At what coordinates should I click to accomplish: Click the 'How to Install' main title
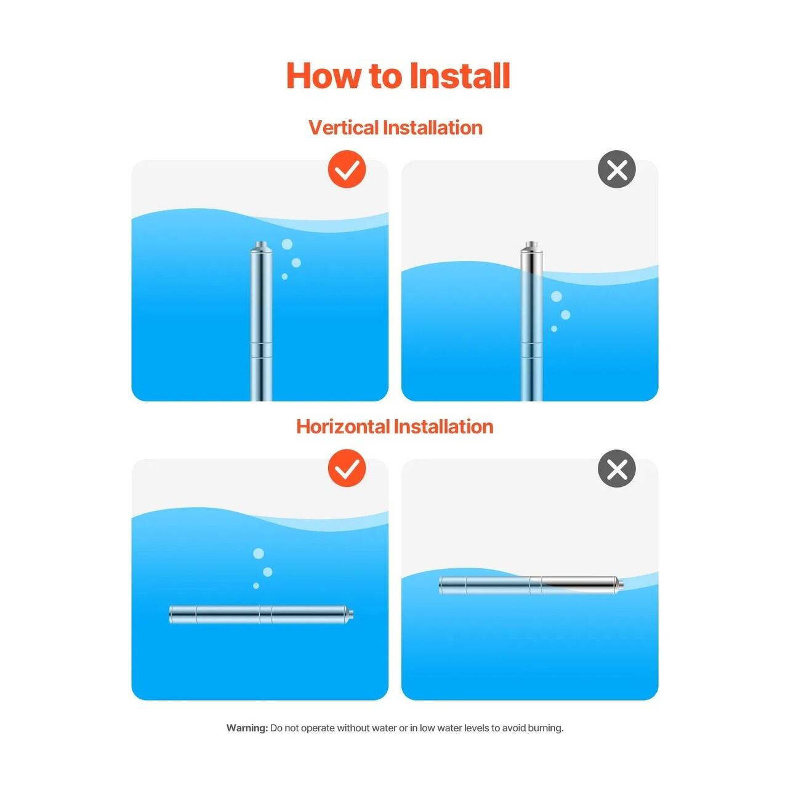[398, 76]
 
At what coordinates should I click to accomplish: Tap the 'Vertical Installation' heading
[395, 127]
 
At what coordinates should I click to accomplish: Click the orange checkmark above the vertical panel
[347, 169]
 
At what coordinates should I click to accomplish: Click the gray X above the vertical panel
[616, 169]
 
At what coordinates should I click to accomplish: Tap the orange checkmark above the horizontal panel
[347, 468]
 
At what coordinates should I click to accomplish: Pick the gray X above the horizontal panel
[616, 468]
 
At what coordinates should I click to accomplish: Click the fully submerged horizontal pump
[261, 614]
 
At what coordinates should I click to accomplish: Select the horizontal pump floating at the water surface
[531, 585]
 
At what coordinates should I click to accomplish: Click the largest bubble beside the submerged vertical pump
[287, 244]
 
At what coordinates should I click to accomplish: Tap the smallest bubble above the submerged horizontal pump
[256, 586]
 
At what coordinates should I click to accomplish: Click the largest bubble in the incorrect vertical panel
[556, 297]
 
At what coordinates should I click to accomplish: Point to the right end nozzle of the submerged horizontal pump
[350, 614]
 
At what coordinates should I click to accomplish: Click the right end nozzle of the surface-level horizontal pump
[620, 585]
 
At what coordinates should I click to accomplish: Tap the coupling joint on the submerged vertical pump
[261, 350]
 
